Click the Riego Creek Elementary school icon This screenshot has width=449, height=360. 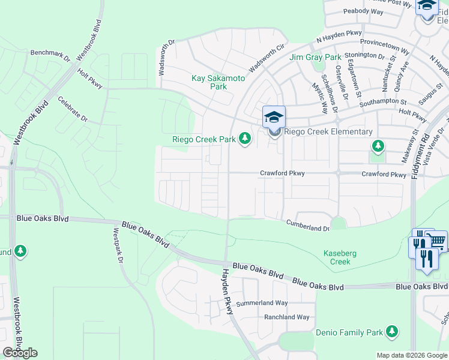coord(274,117)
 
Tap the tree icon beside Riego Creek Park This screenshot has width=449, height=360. coord(244,139)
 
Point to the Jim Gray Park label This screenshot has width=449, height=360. coord(315,58)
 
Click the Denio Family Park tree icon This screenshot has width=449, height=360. coord(393,331)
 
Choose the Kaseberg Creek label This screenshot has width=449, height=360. coord(340,257)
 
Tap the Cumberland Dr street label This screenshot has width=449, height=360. coord(308,227)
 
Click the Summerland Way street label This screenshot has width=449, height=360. coord(262,303)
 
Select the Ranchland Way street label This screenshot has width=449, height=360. coord(287,317)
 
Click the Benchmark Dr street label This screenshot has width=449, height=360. coord(50,56)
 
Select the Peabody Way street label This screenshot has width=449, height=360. coord(363,11)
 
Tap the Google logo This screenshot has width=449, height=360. coord(20,353)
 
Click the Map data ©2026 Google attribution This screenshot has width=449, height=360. coord(411,355)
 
